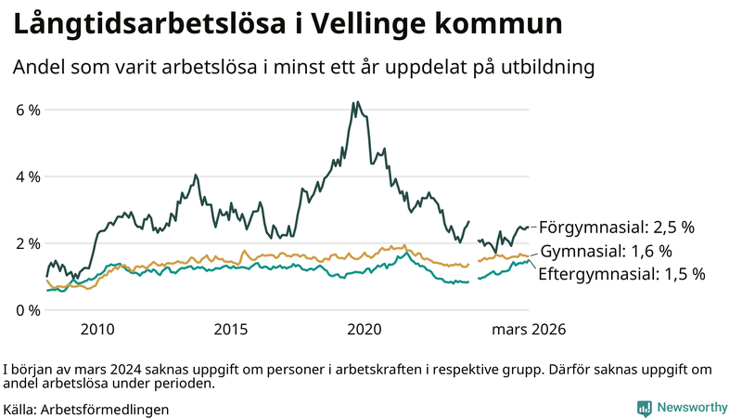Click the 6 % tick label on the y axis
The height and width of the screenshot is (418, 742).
point(28,110)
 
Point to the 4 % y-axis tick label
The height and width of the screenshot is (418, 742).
point(28,176)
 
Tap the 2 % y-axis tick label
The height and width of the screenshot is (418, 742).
point(28,243)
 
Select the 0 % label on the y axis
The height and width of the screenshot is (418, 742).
point(28,310)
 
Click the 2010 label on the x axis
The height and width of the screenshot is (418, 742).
point(97,330)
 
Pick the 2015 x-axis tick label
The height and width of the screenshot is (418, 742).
point(231,330)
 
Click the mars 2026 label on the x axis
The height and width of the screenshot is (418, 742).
point(529,330)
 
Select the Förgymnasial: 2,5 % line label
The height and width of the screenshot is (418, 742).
point(616,227)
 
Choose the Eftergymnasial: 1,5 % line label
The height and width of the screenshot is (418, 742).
point(621,274)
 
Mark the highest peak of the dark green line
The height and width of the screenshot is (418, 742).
point(353,103)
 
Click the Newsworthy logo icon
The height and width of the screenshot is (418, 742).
point(644,408)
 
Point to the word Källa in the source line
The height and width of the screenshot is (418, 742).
point(20,409)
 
